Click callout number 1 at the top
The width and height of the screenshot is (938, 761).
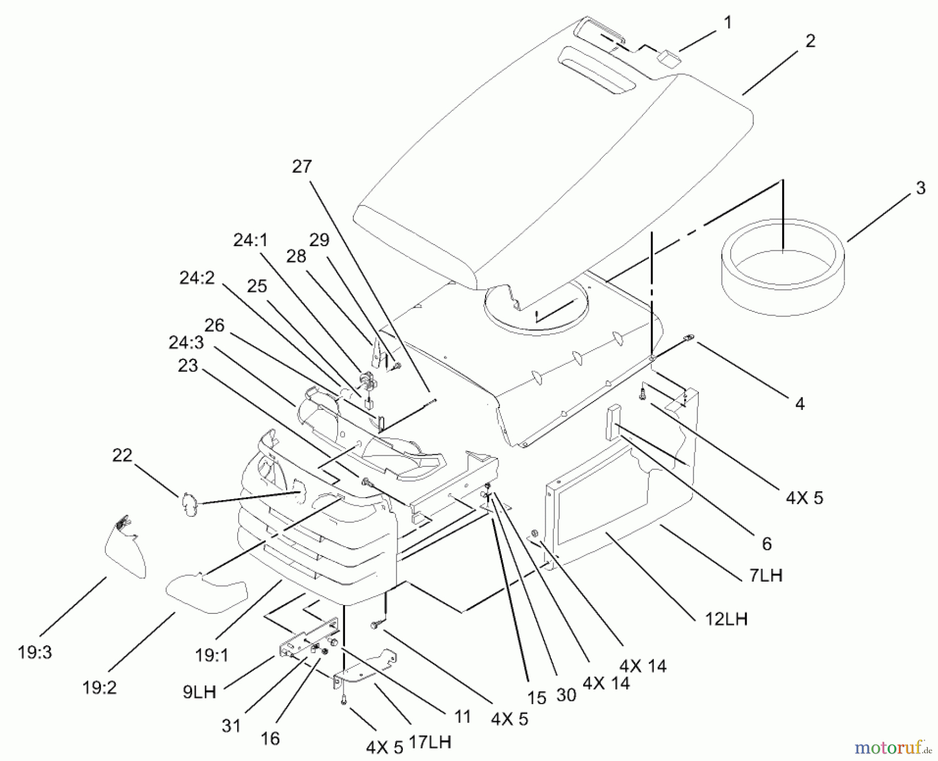point(727,23)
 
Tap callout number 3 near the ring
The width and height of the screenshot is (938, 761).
point(920,188)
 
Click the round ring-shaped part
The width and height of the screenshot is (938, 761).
point(783,267)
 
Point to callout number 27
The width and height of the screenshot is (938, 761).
point(302,167)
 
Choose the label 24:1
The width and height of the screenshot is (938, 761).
point(250,240)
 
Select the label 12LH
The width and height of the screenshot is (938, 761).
point(726,619)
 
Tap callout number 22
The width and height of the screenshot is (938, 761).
point(122,455)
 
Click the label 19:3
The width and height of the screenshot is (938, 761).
point(35,653)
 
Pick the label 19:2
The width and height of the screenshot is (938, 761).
point(100,688)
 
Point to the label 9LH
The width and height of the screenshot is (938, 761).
point(199,692)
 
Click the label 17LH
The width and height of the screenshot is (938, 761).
point(430,742)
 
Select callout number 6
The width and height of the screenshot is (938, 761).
point(767,544)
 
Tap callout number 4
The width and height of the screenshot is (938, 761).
point(800,403)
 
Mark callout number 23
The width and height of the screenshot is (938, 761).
point(188,366)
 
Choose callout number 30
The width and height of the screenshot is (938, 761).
point(566,694)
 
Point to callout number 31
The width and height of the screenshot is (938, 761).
point(231,726)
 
